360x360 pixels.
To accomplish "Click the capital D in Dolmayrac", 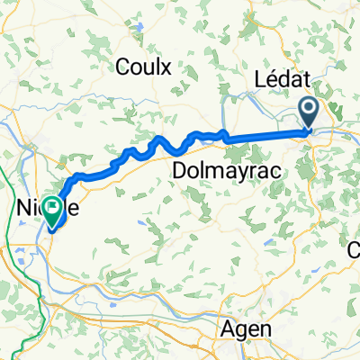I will tap(178, 169).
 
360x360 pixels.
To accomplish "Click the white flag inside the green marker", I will tap(53, 210).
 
